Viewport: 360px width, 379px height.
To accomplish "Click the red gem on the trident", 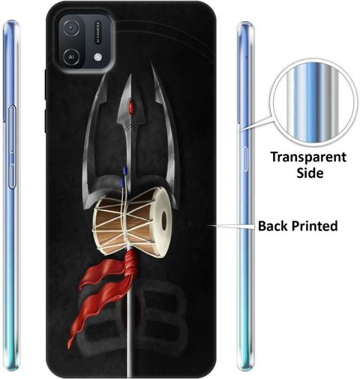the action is [x=131, y=107].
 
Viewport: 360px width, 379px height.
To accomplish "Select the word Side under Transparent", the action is [x=310, y=173].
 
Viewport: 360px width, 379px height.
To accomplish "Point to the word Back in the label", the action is [x=274, y=226].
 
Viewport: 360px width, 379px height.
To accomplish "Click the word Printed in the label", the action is [x=315, y=226].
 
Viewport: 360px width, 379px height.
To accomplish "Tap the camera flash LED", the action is [x=98, y=57].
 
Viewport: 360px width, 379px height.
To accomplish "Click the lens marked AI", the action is [x=71, y=57].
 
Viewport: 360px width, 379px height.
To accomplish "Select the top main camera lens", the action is [x=71, y=28].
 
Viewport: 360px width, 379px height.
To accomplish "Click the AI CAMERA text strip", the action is [x=97, y=32].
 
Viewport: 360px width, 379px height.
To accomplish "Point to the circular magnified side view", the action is [x=313, y=102].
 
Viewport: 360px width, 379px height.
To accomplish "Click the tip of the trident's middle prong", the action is [x=130, y=74].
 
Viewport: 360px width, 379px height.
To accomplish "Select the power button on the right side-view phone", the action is [x=245, y=159].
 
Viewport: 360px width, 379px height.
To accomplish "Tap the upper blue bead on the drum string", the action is [x=124, y=170].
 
